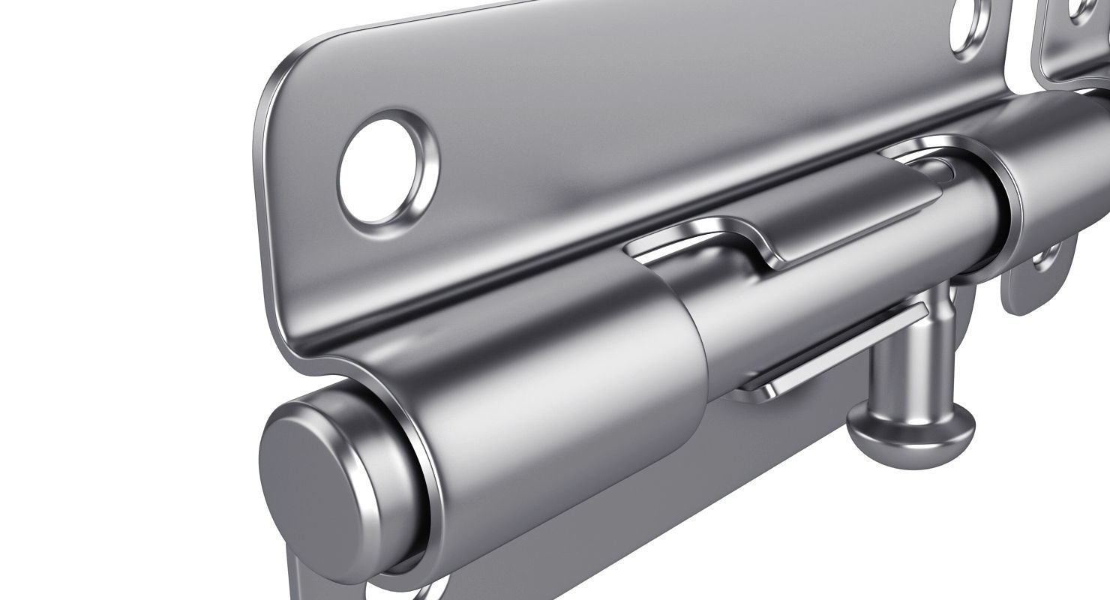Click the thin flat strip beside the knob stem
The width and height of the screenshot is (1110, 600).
[x=825, y=352]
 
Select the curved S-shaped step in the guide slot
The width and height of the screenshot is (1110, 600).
[x=757, y=247]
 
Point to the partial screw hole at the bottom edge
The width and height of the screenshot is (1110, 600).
[x=427, y=589]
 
